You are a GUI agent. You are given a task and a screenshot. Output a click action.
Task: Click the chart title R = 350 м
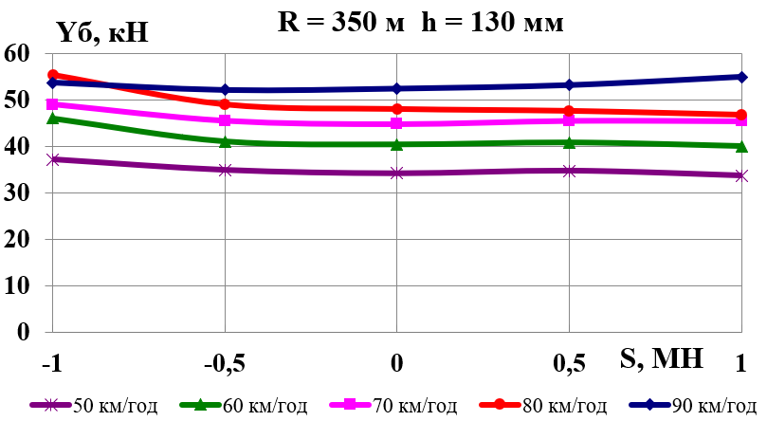click(328, 22)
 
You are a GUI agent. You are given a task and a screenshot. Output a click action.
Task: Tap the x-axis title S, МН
click(663, 358)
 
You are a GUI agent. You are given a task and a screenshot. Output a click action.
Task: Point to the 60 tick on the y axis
click(19, 53)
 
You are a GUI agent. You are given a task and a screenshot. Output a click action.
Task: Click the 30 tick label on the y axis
click(19, 192)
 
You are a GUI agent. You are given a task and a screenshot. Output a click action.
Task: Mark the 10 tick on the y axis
click(19, 285)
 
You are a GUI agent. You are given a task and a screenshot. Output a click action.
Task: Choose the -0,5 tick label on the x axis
click(224, 363)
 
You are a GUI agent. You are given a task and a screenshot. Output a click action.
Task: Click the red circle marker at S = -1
click(53, 75)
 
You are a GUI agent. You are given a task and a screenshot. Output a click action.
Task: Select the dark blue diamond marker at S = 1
click(740, 77)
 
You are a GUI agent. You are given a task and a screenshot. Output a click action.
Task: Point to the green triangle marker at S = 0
click(396, 144)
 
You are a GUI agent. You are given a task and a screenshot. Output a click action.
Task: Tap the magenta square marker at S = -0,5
click(225, 120)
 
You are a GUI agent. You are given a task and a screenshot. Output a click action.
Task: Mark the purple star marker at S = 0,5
click(569, 171)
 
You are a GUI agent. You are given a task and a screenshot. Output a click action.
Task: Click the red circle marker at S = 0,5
click(569, 111)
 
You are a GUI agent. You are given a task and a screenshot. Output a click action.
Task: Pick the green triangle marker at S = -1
click(53, 119)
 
